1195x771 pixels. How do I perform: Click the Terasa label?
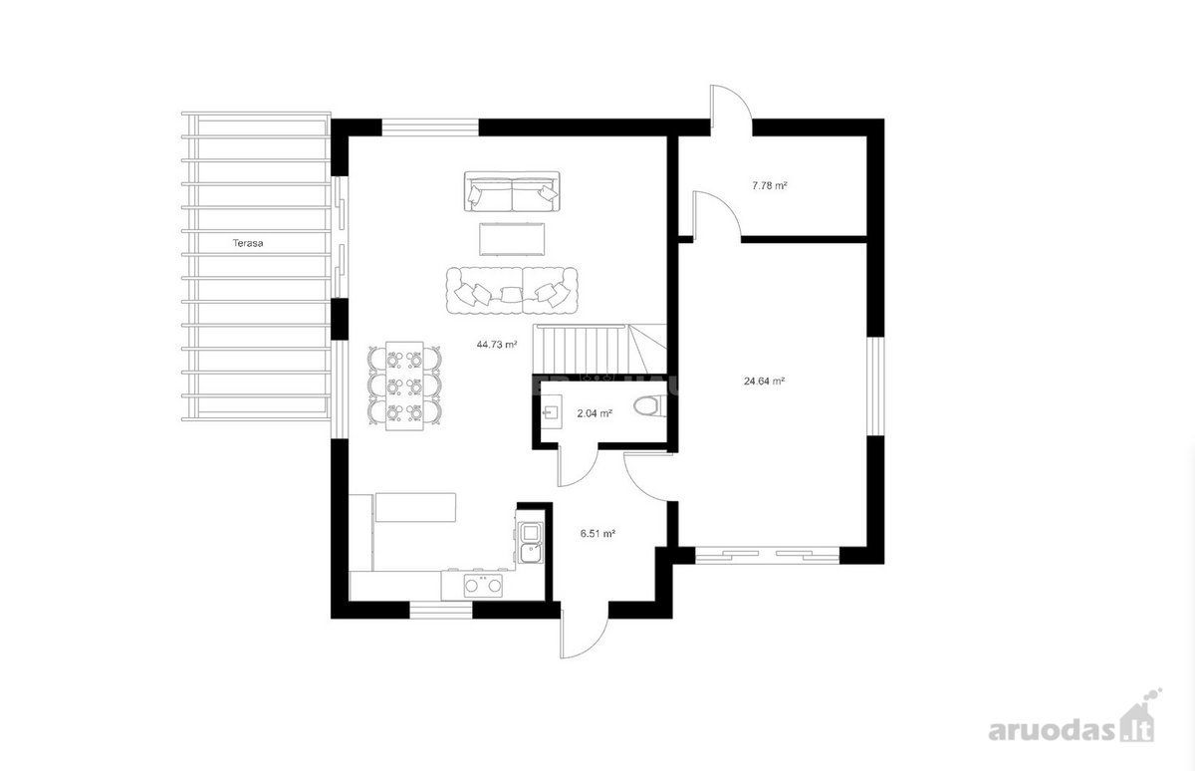248,243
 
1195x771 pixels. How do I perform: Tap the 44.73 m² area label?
497,345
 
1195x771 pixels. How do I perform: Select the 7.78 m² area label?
770,185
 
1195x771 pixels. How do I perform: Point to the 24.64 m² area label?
764,381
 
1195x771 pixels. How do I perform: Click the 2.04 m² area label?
595,413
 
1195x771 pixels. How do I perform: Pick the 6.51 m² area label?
598,533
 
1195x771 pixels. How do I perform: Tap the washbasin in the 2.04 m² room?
551,411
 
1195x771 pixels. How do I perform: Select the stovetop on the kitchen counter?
483,586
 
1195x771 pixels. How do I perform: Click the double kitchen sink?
531,543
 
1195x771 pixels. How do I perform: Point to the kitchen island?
415,507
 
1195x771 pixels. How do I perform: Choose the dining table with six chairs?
404,385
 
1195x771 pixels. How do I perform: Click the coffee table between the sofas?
512,240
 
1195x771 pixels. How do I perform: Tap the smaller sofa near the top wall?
512,191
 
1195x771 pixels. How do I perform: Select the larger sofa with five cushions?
512,291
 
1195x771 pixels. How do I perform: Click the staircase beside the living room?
600,349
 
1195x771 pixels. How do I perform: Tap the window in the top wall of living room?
430,128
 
